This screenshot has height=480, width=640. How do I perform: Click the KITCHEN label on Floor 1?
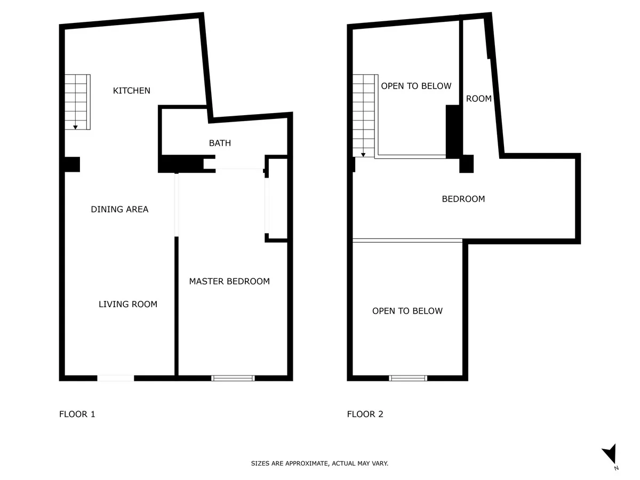coord(132,91)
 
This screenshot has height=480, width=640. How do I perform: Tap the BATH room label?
coord(220,143)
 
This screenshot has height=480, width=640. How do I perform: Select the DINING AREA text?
coord(119,209)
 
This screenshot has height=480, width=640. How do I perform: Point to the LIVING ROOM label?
coord(127,304)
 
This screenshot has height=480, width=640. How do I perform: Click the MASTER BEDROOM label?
coord(229,281)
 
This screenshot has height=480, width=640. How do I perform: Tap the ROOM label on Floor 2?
coord(479,99)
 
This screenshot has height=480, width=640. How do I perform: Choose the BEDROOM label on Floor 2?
coord(463,199)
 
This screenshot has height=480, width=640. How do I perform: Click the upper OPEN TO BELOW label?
coord(416,86)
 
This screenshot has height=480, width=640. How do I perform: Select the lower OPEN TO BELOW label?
coord(407,311)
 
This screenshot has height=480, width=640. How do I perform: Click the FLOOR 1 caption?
coord(77,414)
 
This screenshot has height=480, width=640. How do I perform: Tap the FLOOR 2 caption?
coord(365,414)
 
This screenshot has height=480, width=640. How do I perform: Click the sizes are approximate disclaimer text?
coord(319,463)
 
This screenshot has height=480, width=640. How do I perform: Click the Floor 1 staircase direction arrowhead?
coord(75,127)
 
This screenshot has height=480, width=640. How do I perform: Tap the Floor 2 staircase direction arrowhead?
coord(363,155)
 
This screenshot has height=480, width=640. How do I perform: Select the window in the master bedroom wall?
coord(233,378)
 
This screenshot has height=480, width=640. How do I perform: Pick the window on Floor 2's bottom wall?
coord(408,378)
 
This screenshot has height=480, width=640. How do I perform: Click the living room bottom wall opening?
coord(115,378)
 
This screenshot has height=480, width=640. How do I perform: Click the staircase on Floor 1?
coord(77,102)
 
